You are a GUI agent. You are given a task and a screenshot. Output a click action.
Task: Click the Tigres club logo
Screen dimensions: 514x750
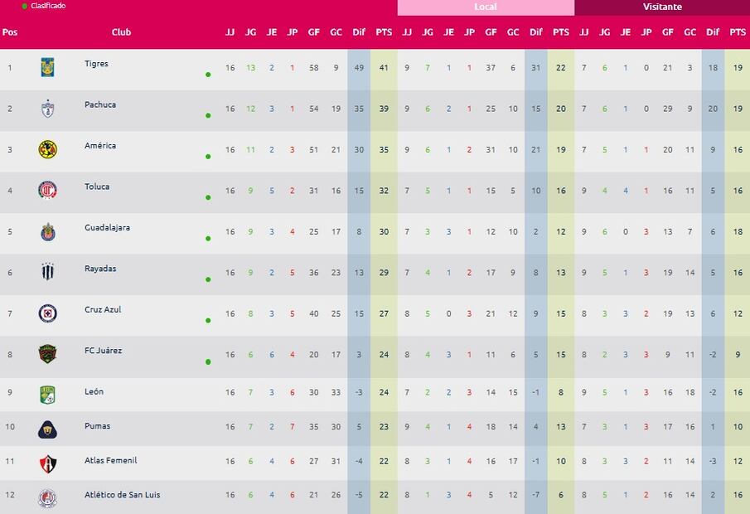click(48, 67)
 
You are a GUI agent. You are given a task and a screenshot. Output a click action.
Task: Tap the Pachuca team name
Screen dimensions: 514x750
click(100, 104)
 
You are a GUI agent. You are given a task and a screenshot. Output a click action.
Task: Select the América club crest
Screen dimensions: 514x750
click(48, 149)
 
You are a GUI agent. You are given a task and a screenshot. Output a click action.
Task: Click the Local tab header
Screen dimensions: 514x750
click(486, 7)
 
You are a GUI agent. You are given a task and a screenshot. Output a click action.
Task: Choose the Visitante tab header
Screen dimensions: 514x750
click(662, 7)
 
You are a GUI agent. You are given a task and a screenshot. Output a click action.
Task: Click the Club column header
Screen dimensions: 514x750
click(121, 32)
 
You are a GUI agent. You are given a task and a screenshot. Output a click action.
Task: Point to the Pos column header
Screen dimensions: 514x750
click(10, 32)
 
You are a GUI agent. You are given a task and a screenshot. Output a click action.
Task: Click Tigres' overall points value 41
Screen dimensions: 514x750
click(383, 68)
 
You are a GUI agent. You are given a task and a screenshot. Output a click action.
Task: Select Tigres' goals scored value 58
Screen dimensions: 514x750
click(314, 68)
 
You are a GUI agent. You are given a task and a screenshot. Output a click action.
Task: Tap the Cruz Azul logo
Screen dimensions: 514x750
click(48, 313)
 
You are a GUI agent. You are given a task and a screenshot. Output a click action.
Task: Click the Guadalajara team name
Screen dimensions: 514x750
click(107, 227)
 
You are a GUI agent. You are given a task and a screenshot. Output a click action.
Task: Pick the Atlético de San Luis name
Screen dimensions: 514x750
click(123, 495)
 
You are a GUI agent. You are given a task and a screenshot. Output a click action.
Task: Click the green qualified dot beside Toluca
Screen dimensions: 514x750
click(208, 197)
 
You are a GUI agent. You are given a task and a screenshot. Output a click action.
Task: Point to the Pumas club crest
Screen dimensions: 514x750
click(48, 429)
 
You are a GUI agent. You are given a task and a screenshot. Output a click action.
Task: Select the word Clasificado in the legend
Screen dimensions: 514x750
click(48, 6)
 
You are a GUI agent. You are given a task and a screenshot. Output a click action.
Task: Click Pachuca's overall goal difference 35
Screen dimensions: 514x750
click(359, 109)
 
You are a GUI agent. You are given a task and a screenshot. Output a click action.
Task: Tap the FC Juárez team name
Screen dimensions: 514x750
click(103, 351)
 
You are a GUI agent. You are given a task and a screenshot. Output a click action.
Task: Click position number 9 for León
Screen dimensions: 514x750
click(10, 392)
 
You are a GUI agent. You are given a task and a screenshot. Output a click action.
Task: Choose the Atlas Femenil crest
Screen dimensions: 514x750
click(48, 464)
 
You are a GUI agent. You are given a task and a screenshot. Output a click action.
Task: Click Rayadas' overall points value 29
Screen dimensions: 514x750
click(383, 273)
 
